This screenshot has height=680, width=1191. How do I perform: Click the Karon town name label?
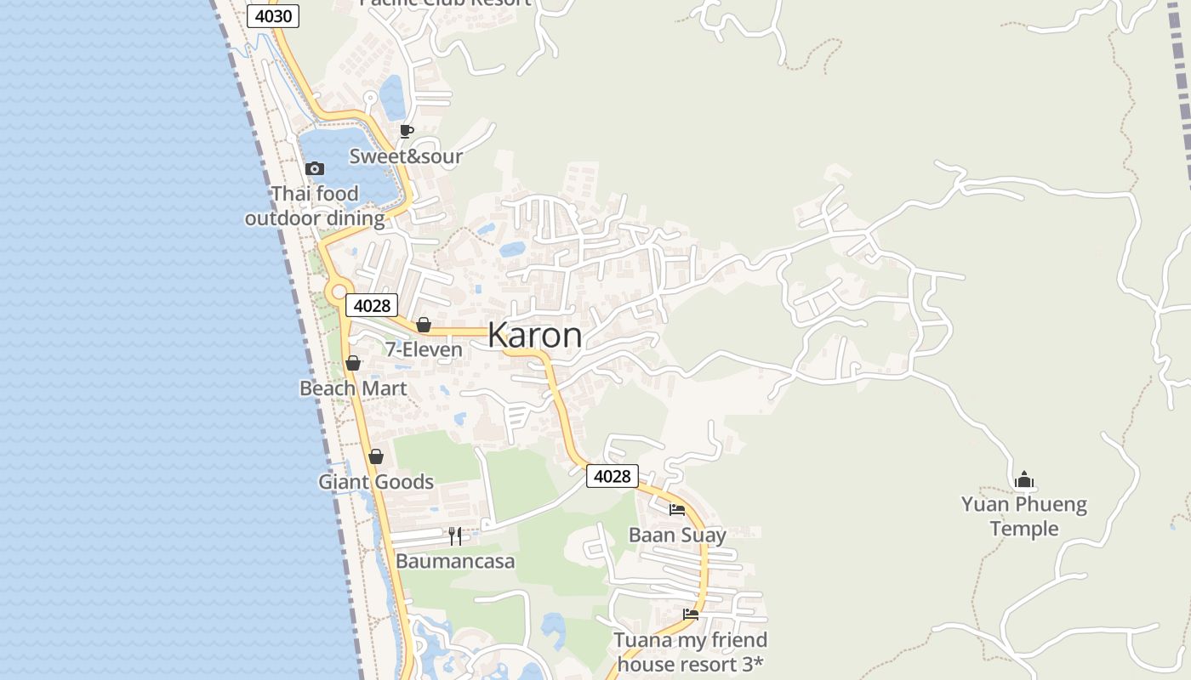click(535, 336)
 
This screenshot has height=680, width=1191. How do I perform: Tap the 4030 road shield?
click(273, 16)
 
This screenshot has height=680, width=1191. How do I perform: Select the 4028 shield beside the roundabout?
click(372, 306)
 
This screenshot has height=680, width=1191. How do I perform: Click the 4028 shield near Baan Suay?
click(612, 476)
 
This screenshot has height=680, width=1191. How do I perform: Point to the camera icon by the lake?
click(315, 168)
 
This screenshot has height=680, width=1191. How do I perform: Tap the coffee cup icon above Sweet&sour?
click(407, 131)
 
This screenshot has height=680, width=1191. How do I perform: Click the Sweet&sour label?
click(406, 156)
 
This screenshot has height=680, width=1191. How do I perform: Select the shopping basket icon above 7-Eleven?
click(423, 325)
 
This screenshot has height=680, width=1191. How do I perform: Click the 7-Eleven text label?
click(424, 349)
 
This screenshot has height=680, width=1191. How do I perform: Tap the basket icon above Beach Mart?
click(353, 364)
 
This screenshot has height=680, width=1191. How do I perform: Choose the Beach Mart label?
click(353, 388)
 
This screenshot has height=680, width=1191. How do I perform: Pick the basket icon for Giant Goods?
click(376, 457)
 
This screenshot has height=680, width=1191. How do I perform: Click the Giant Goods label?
click(376, 482)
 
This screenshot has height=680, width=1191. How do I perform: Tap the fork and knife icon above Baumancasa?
click(455, 536)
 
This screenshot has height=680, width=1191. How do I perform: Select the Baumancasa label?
click(455, 562)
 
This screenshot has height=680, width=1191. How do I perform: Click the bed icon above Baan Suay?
click(677, 510)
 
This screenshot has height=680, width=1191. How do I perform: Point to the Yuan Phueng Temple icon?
click(1024, 480)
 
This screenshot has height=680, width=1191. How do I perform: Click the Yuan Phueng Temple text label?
click(1024, 516)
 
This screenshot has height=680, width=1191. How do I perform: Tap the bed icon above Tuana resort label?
click(691, 615)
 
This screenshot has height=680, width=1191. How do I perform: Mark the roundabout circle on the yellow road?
click(339, 292)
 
